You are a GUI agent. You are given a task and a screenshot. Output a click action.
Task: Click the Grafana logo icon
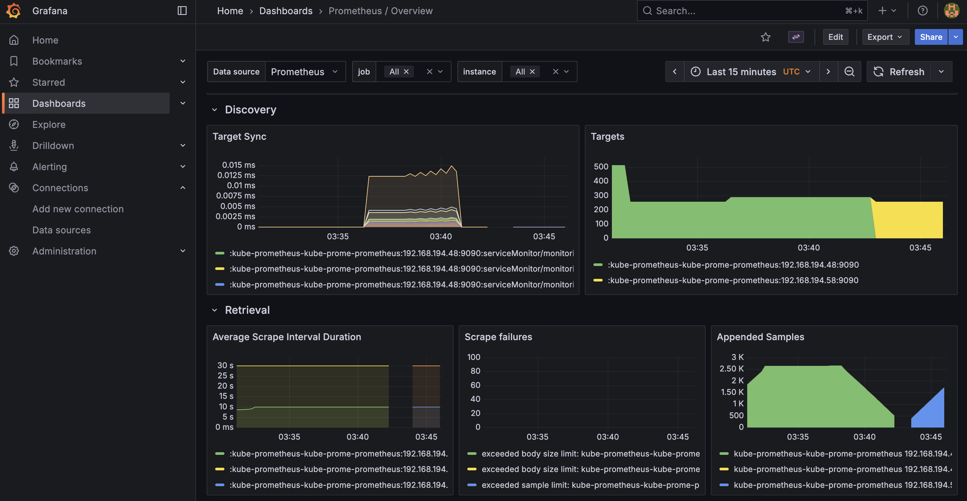pos(14,11)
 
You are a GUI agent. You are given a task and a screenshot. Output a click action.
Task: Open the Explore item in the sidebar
pos(49,125)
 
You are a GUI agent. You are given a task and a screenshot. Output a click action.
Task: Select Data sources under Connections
pos(62,230)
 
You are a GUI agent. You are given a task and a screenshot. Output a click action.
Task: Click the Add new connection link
pos(78,209)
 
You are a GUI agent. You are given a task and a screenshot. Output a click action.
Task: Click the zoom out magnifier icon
pos(849,72)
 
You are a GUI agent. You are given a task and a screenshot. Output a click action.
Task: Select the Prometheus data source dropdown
pos(304,72)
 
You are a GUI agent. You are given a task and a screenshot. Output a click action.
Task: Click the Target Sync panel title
pos(239,136)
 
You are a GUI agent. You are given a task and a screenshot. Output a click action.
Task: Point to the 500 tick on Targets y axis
pos(601,166)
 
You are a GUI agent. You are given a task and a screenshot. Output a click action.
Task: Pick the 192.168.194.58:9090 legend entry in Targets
pos(732,280)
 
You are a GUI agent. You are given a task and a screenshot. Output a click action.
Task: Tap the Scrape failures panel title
pos(498,337)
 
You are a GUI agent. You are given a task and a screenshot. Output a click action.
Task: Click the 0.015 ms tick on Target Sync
pos(238,165)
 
